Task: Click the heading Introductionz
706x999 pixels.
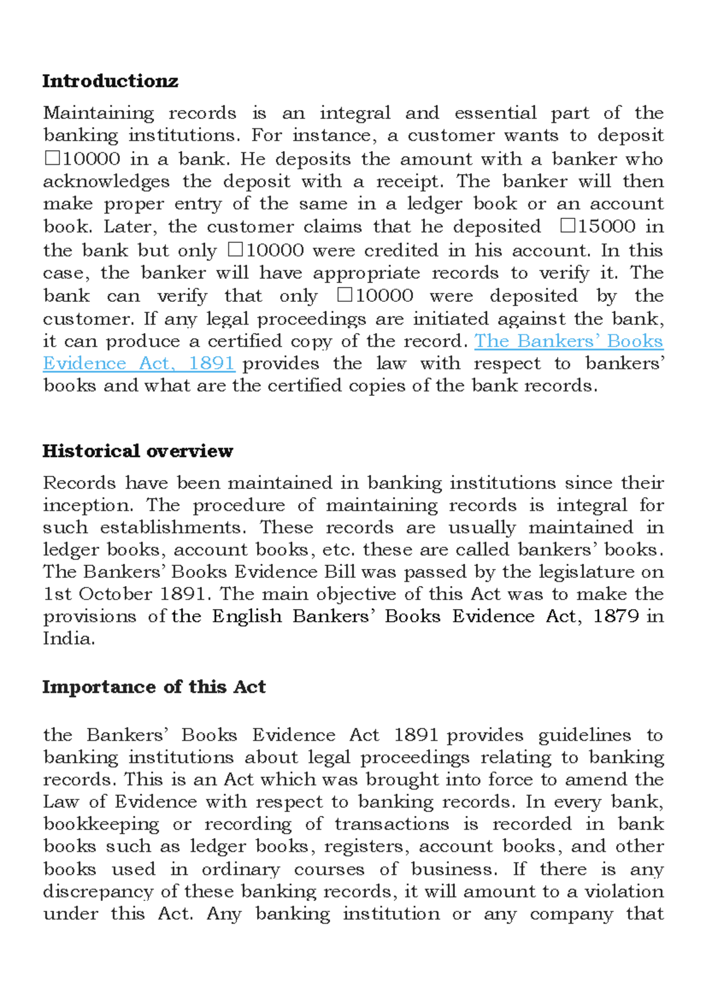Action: click(110, 81)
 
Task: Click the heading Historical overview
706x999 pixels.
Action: click(138, 451)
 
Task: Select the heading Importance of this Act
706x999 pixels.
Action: click(154, 687)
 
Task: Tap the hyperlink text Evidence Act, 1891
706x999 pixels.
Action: click(139, 364)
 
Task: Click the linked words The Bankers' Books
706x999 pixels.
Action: click(568, 341)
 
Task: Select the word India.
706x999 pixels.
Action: click(69, 638)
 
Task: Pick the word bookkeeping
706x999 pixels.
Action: click(101, 824)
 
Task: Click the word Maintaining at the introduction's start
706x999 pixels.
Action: click(98, 113)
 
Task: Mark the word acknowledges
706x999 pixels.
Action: click(106, 181)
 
